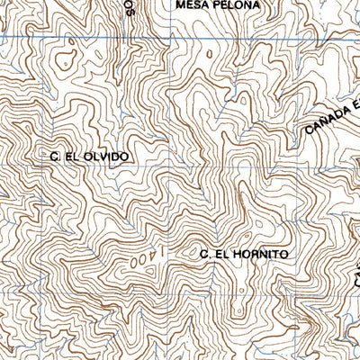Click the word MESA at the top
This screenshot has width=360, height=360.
coord(193,5)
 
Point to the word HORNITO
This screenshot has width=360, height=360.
coord(259,255)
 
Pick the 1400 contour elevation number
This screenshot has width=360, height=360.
coord(142,259)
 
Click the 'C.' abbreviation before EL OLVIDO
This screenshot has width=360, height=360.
coord(55,157)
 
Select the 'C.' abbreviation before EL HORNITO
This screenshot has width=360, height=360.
coord(204,255)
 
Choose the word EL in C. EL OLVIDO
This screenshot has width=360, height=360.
coord(74,157)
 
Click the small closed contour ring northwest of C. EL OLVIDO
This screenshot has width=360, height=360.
coord(64,63)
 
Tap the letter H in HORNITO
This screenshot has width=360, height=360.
coord(236,255)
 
